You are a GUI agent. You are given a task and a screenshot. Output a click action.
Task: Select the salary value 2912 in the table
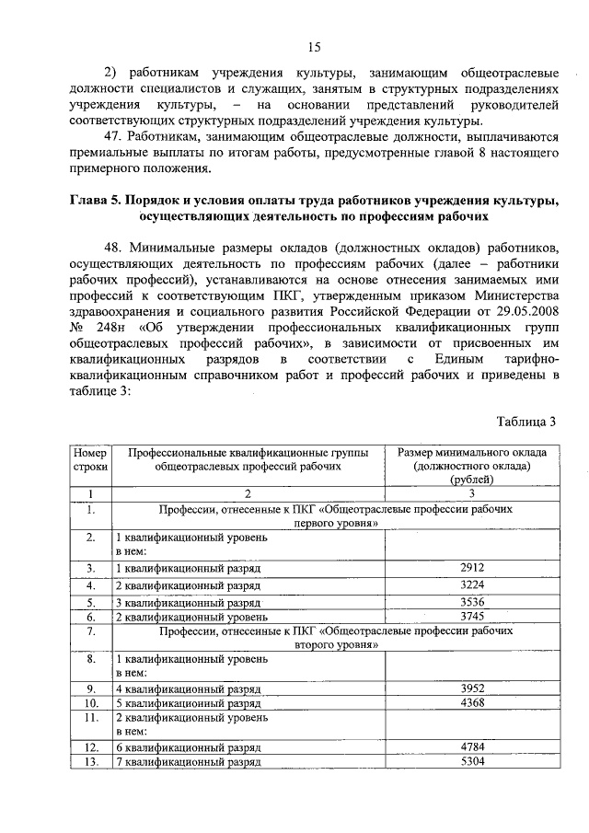pyautogui.click(x=471, y=568)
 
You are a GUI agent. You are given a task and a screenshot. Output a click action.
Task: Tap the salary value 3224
pyautogui.click(x=471, y=585)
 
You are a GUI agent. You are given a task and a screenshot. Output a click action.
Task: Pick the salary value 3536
pyautogui.click(x=471, y=603)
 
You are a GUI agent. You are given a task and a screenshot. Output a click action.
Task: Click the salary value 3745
pyautogui.click(x=471, y=616)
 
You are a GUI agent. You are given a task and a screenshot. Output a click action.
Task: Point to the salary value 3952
pyautogui.click(x=471, y=688)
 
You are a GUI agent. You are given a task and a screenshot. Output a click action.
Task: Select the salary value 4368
pyautogui.click(x=471, y=701)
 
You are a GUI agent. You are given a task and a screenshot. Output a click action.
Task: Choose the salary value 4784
pyautogui.click(x=471, y=747)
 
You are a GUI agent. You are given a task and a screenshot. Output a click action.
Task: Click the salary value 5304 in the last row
pyautogui.click(x=471, y=762)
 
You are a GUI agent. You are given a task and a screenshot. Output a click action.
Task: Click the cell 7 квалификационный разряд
pyautogui.click(x=188, y=763)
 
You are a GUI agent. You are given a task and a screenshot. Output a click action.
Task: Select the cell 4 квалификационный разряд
pyautogui.click(x=188, y=688)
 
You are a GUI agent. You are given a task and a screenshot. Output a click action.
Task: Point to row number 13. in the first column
pyautogui.click(x=90, y=762)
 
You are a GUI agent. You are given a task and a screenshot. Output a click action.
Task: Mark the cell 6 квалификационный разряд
pyautogui.click(x=188, y=748)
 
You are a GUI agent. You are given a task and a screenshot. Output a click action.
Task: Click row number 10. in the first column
pyautogui.click(x=90, y=701)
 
